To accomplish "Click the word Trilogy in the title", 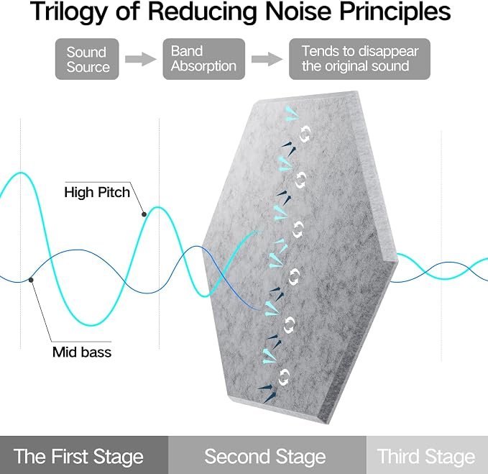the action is [69, 12].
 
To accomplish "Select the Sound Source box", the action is [87, 59].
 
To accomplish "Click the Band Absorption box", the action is [204, 59].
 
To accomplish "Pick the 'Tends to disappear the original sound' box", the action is [359, 59].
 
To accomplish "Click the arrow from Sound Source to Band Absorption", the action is [141, 59].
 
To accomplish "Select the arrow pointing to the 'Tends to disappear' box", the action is [267, 59].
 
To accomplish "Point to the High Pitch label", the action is [97, 192].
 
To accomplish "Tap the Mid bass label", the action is [82, 352].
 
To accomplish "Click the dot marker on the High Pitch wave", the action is [144, 214].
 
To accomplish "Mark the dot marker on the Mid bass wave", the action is [31, 280].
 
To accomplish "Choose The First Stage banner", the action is [84, 455].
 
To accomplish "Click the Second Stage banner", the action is [267, 455].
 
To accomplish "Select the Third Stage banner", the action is [428, 455].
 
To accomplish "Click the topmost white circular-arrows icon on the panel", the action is [305, 134].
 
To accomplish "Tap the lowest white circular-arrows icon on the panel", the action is [283, 377].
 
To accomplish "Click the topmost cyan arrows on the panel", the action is [291, 114].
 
